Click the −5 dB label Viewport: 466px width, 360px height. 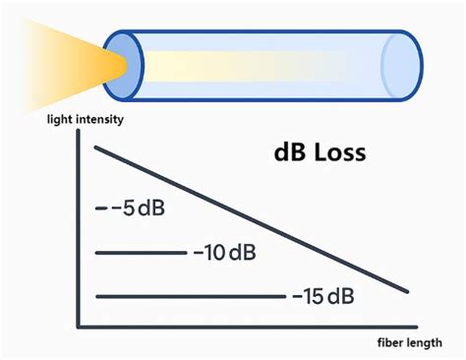(x=138, y=210)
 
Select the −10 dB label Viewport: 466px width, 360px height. (x=224, y=253)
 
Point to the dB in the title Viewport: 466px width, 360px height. (x=288, y=153)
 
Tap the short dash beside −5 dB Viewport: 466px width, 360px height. (x=99, y=210)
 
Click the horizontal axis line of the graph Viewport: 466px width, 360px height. (x=246, y=326)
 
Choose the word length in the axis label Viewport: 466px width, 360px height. (x=432, y=342)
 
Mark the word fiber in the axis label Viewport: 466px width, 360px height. (x=392, y=342)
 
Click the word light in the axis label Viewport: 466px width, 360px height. (x=58, y=120)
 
